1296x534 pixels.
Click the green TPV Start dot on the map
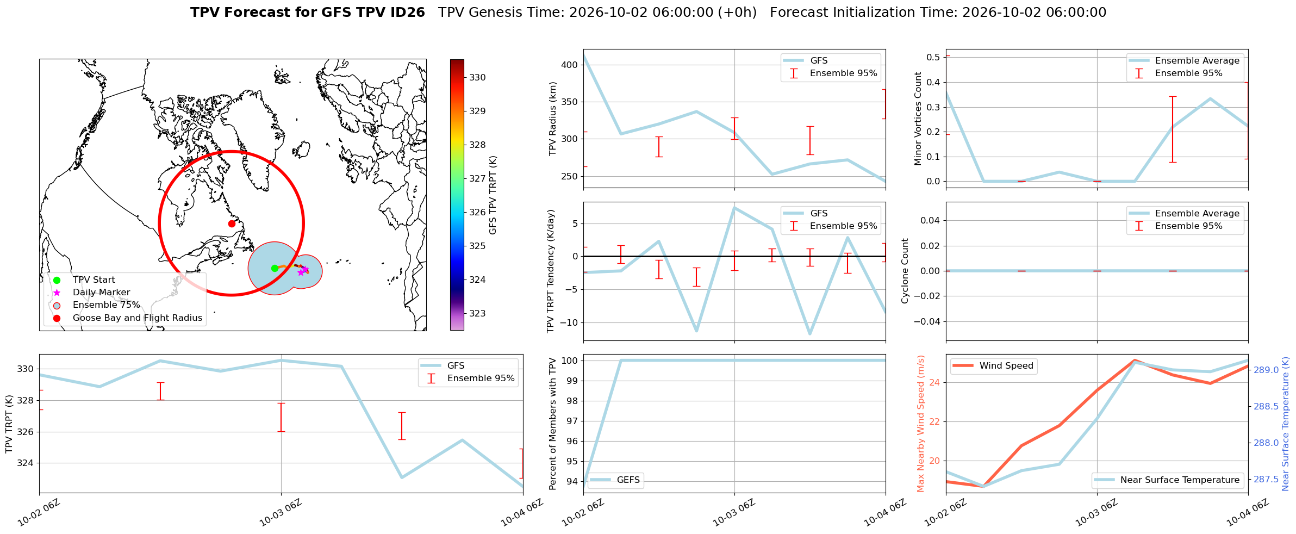click(275, 268)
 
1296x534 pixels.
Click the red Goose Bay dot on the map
click(232, 223)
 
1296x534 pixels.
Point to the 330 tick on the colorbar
click(477, 78)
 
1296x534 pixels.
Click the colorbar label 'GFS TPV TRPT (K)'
click(493, 195)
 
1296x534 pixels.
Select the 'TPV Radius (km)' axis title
click(553, 119)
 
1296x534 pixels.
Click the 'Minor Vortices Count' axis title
click(918, 119)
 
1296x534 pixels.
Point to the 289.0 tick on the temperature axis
click(1266, 370)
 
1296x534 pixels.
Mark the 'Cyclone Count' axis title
click(905, 271)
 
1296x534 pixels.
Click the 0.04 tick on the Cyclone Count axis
click(930, 220)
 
